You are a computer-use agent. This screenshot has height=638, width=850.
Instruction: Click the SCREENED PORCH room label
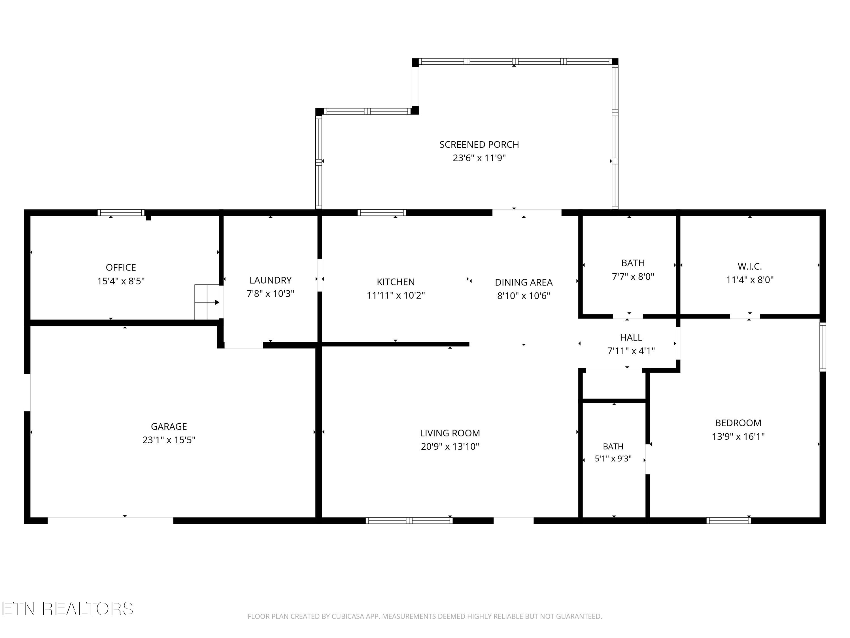(479, 145)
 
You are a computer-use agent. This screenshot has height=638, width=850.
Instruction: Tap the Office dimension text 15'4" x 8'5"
(121, 281)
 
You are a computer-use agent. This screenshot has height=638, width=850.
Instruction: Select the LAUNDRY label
(271, 280)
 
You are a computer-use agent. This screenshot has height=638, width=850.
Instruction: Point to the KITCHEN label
(396, 282)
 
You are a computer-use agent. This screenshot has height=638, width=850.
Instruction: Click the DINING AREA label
(524, 282)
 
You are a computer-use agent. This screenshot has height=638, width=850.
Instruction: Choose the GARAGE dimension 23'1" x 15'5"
(169, 440)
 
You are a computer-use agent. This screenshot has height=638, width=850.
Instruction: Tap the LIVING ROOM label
(450, 433)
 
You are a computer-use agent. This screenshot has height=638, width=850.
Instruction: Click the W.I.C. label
(750, 266)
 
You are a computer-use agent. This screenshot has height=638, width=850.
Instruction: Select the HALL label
(631, 337)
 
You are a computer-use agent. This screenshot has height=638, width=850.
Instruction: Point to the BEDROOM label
(738, 423)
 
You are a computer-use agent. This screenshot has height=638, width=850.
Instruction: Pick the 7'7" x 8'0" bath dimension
(633, 276)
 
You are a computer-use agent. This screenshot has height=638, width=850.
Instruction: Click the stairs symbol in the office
(207, 302)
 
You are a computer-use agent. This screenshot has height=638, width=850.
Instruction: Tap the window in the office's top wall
(121, 213)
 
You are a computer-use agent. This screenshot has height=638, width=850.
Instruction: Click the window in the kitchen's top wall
(382, 213)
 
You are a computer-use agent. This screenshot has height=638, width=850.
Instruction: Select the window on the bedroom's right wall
(823, 347)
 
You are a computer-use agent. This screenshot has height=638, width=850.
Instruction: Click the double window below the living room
(409, 521)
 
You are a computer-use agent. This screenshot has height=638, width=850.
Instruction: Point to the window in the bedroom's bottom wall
(728, 521)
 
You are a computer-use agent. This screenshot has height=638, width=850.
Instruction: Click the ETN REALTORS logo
(68, 609)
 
